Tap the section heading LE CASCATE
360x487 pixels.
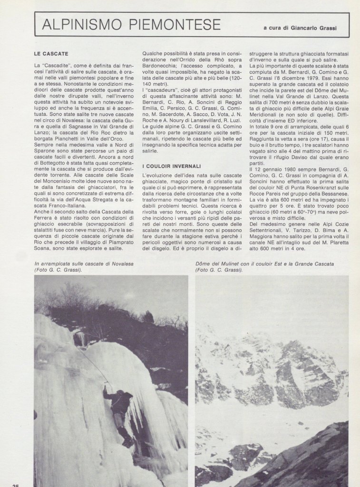51,54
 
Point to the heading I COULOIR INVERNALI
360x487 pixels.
171,166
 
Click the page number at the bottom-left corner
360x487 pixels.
16,485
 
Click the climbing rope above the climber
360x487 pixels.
93,361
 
